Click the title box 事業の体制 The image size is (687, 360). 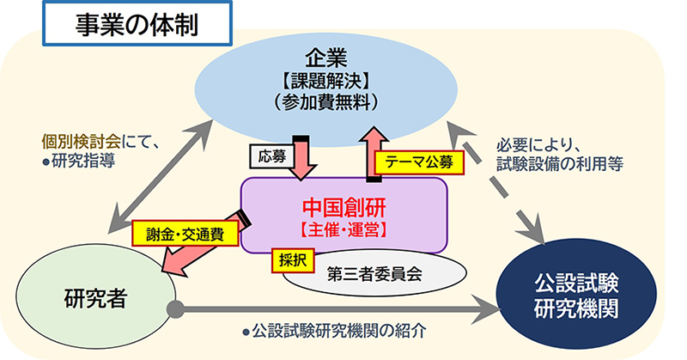click(x=137, y=23)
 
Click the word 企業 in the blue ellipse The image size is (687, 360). click(x=326, y=58)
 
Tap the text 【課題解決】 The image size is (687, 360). click(x=326, y=82)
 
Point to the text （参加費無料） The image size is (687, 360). click(x=326, y=102)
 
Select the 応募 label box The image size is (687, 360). click(x=272, y=156)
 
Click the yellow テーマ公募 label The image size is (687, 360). click(x=419, y=162)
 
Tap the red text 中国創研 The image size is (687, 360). click(x=344, y=208)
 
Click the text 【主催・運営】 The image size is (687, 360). click(x=343, y=230)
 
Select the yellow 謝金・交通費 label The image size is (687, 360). click(x=185, y=234)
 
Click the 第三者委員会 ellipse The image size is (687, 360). click(x=374, y=273)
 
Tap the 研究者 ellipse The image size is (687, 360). click(x=96, y=297)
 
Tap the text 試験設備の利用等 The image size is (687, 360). click(x=560, y=164)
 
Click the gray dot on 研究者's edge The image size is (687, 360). click(x=176, y=309)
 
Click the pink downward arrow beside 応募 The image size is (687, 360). click(x=301, y=158)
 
